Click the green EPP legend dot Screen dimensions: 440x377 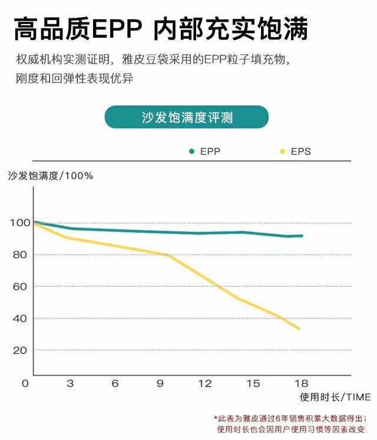(191, 151)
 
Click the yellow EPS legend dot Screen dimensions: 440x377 (282, 151)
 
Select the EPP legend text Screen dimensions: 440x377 (210, 151)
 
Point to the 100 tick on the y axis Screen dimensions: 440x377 (19, 223)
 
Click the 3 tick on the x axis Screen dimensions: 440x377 (70, 383)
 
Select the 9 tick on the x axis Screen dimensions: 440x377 (160, 383)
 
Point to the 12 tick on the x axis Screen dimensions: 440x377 (204, 383)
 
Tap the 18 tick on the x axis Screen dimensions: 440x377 (301, 383)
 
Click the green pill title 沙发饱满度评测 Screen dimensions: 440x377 (187, 117)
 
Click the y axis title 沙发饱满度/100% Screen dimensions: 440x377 (50, 176)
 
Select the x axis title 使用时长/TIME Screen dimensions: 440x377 (335, 397)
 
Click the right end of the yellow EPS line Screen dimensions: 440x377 (300, 329)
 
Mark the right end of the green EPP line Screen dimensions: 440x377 (302, 236)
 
